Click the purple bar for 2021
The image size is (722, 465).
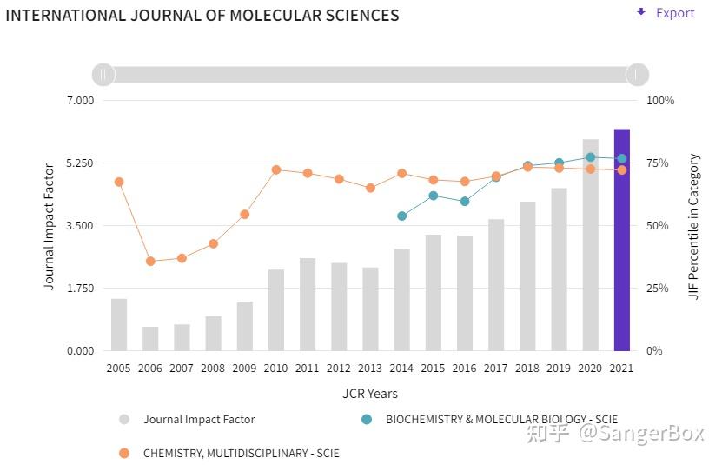pos(621,240)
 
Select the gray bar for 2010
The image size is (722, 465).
pos(276,310)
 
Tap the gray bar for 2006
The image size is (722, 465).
pos(150,339)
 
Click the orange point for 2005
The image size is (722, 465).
pos(119,182)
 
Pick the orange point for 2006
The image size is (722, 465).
pos(150,261)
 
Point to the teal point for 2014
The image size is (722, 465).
pos(401,216)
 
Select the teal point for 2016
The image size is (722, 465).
pos(465,201)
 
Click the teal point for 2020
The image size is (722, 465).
pos(590,157)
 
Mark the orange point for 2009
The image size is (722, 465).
pos(245,214)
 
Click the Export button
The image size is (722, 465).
pos(666,13)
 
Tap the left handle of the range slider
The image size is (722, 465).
pos(103,75)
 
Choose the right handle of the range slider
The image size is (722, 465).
pos(638,75)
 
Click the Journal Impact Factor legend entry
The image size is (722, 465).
pos(199,419)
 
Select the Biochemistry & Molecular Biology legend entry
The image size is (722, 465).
pos(501,419)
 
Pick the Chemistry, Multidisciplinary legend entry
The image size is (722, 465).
pos(241,453)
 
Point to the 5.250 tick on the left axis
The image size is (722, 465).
pos(80,163)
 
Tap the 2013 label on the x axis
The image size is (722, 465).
pos(370,369)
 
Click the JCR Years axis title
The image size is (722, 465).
pos(370,394)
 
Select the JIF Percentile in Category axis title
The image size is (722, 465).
pos(693,226)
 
